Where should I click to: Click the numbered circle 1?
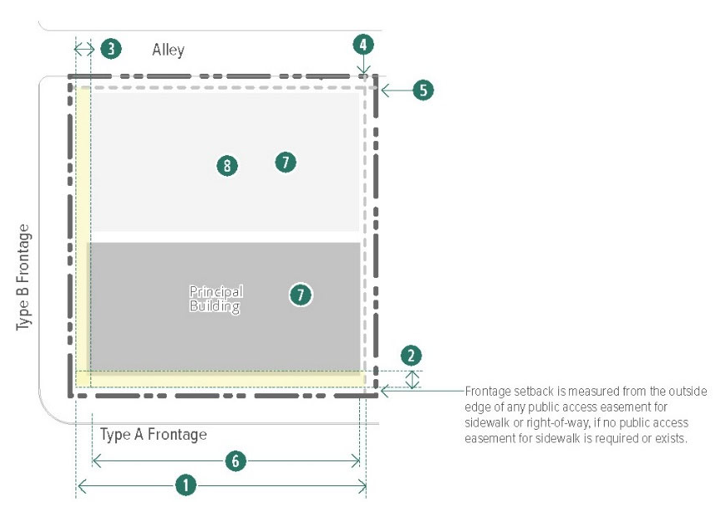(x=188, y=486)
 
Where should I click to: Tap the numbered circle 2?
(x=411, y=356)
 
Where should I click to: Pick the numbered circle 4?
(x=362, y=45)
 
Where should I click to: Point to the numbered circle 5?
(x=423, y=90)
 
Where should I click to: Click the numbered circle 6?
(x=236, y=460)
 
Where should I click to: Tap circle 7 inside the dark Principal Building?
(x=300, y=294)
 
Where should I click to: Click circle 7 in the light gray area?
(x=285, y=162)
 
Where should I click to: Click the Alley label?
(x=168, y=51)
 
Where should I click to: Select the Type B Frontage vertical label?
(x=24, y=275)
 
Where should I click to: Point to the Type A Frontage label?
(x=153, y=434)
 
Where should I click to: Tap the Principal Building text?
(x=216, y=299)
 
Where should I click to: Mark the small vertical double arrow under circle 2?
(x=411, y=379)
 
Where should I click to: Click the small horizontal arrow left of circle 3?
(x=84, y=48)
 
